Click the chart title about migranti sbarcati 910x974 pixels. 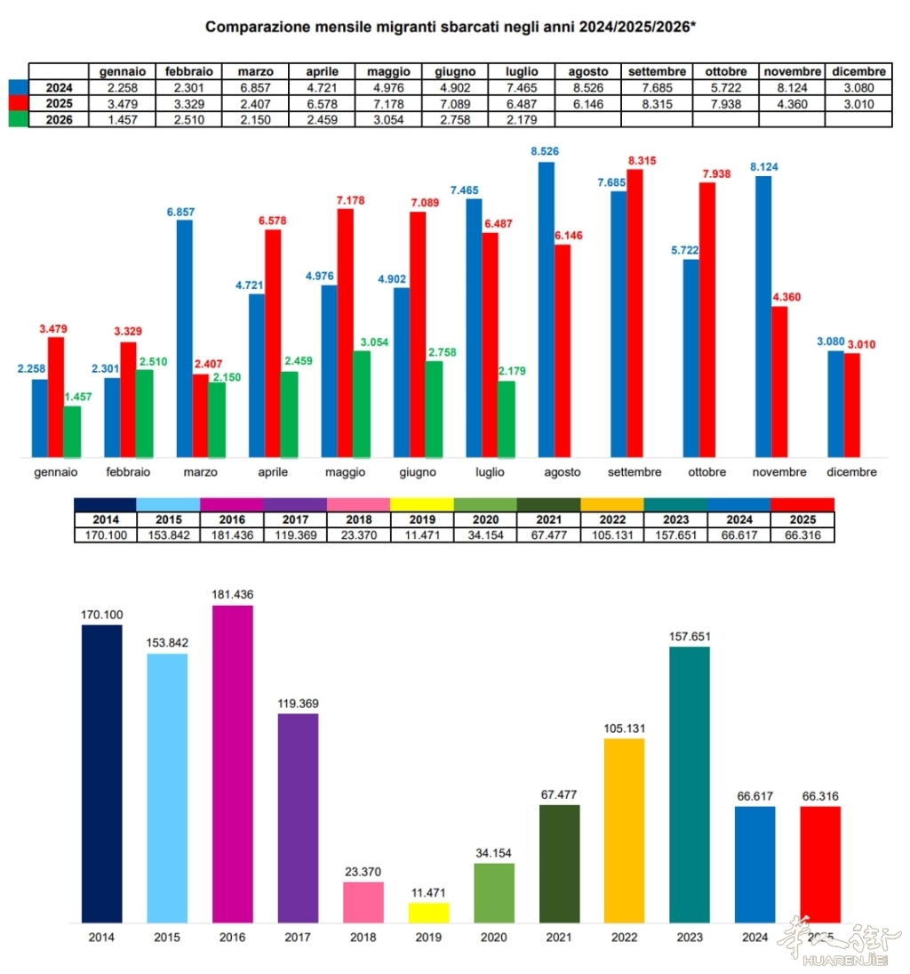(450, 27)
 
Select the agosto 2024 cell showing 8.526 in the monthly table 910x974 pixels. (587, 87)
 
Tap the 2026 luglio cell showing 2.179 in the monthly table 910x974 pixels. (522, 119)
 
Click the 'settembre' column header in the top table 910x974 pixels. (657, 71)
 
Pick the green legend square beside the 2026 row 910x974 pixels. (19, 119)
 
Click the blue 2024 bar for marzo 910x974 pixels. (184, 339)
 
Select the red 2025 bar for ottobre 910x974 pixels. (707, 320)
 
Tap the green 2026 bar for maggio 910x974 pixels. (362, 405)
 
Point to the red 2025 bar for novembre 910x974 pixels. (779, 382)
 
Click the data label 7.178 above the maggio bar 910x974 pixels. (351, 200)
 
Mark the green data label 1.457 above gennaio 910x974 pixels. (77, 397)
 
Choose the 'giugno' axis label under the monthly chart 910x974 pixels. (418, 472)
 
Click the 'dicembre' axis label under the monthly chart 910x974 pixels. (851, 472)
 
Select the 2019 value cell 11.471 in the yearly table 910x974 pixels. (422, 535)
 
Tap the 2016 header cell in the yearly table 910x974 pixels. (232, 519)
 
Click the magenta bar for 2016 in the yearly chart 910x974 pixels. (233, 764)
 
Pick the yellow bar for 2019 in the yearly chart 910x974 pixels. (428, 914)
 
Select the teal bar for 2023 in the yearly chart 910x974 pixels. (690, 785)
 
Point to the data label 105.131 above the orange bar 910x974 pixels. (625, 728)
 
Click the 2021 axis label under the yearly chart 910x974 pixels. (559, 938)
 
